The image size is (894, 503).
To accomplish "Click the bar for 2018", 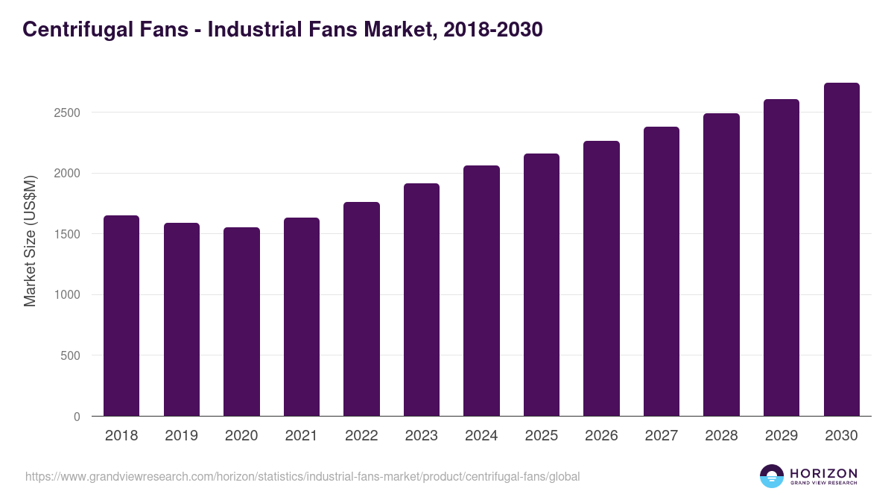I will point(121,316).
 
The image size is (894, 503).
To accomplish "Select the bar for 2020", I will point(241,322).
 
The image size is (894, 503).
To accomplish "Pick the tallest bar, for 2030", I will point(841,250).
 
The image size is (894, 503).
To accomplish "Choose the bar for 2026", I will point(601,279).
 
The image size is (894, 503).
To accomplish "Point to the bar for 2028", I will point(721,265).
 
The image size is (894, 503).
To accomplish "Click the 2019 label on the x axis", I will point(181,436).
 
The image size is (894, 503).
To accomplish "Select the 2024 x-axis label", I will point(481,436).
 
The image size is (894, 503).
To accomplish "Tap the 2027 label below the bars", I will point(661,436).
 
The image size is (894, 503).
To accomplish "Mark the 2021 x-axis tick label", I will point(301,436).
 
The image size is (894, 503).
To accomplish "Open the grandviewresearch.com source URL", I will point(302,476).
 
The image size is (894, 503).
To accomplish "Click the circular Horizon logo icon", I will point(772,476).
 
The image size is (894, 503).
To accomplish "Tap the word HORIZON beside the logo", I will point(824,472).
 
